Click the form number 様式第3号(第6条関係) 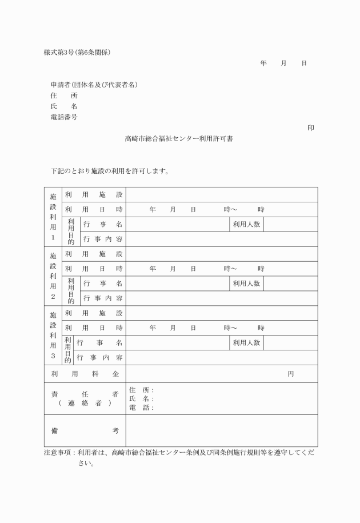[x=77, y=53]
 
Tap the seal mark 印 [x=310, y=128]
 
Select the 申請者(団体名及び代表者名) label [x=94, y=85]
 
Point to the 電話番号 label [x=64, y=117]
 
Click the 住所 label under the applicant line [x=63, y=96]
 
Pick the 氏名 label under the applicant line [x=63, y=106]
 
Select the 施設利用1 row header [x=53, y=217]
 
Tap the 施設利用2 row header [x=53, y=276]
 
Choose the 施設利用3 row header [x=53, y=336]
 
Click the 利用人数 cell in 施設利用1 [x=246, y=225]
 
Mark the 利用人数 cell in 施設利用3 [x=246, y=343]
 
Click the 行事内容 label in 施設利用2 [x=103, y=298]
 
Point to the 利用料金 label [x=85, y=374]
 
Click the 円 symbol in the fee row [x=290, y=374]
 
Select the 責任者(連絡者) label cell [x=85, y=398]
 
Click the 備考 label [x=85, y=430]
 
